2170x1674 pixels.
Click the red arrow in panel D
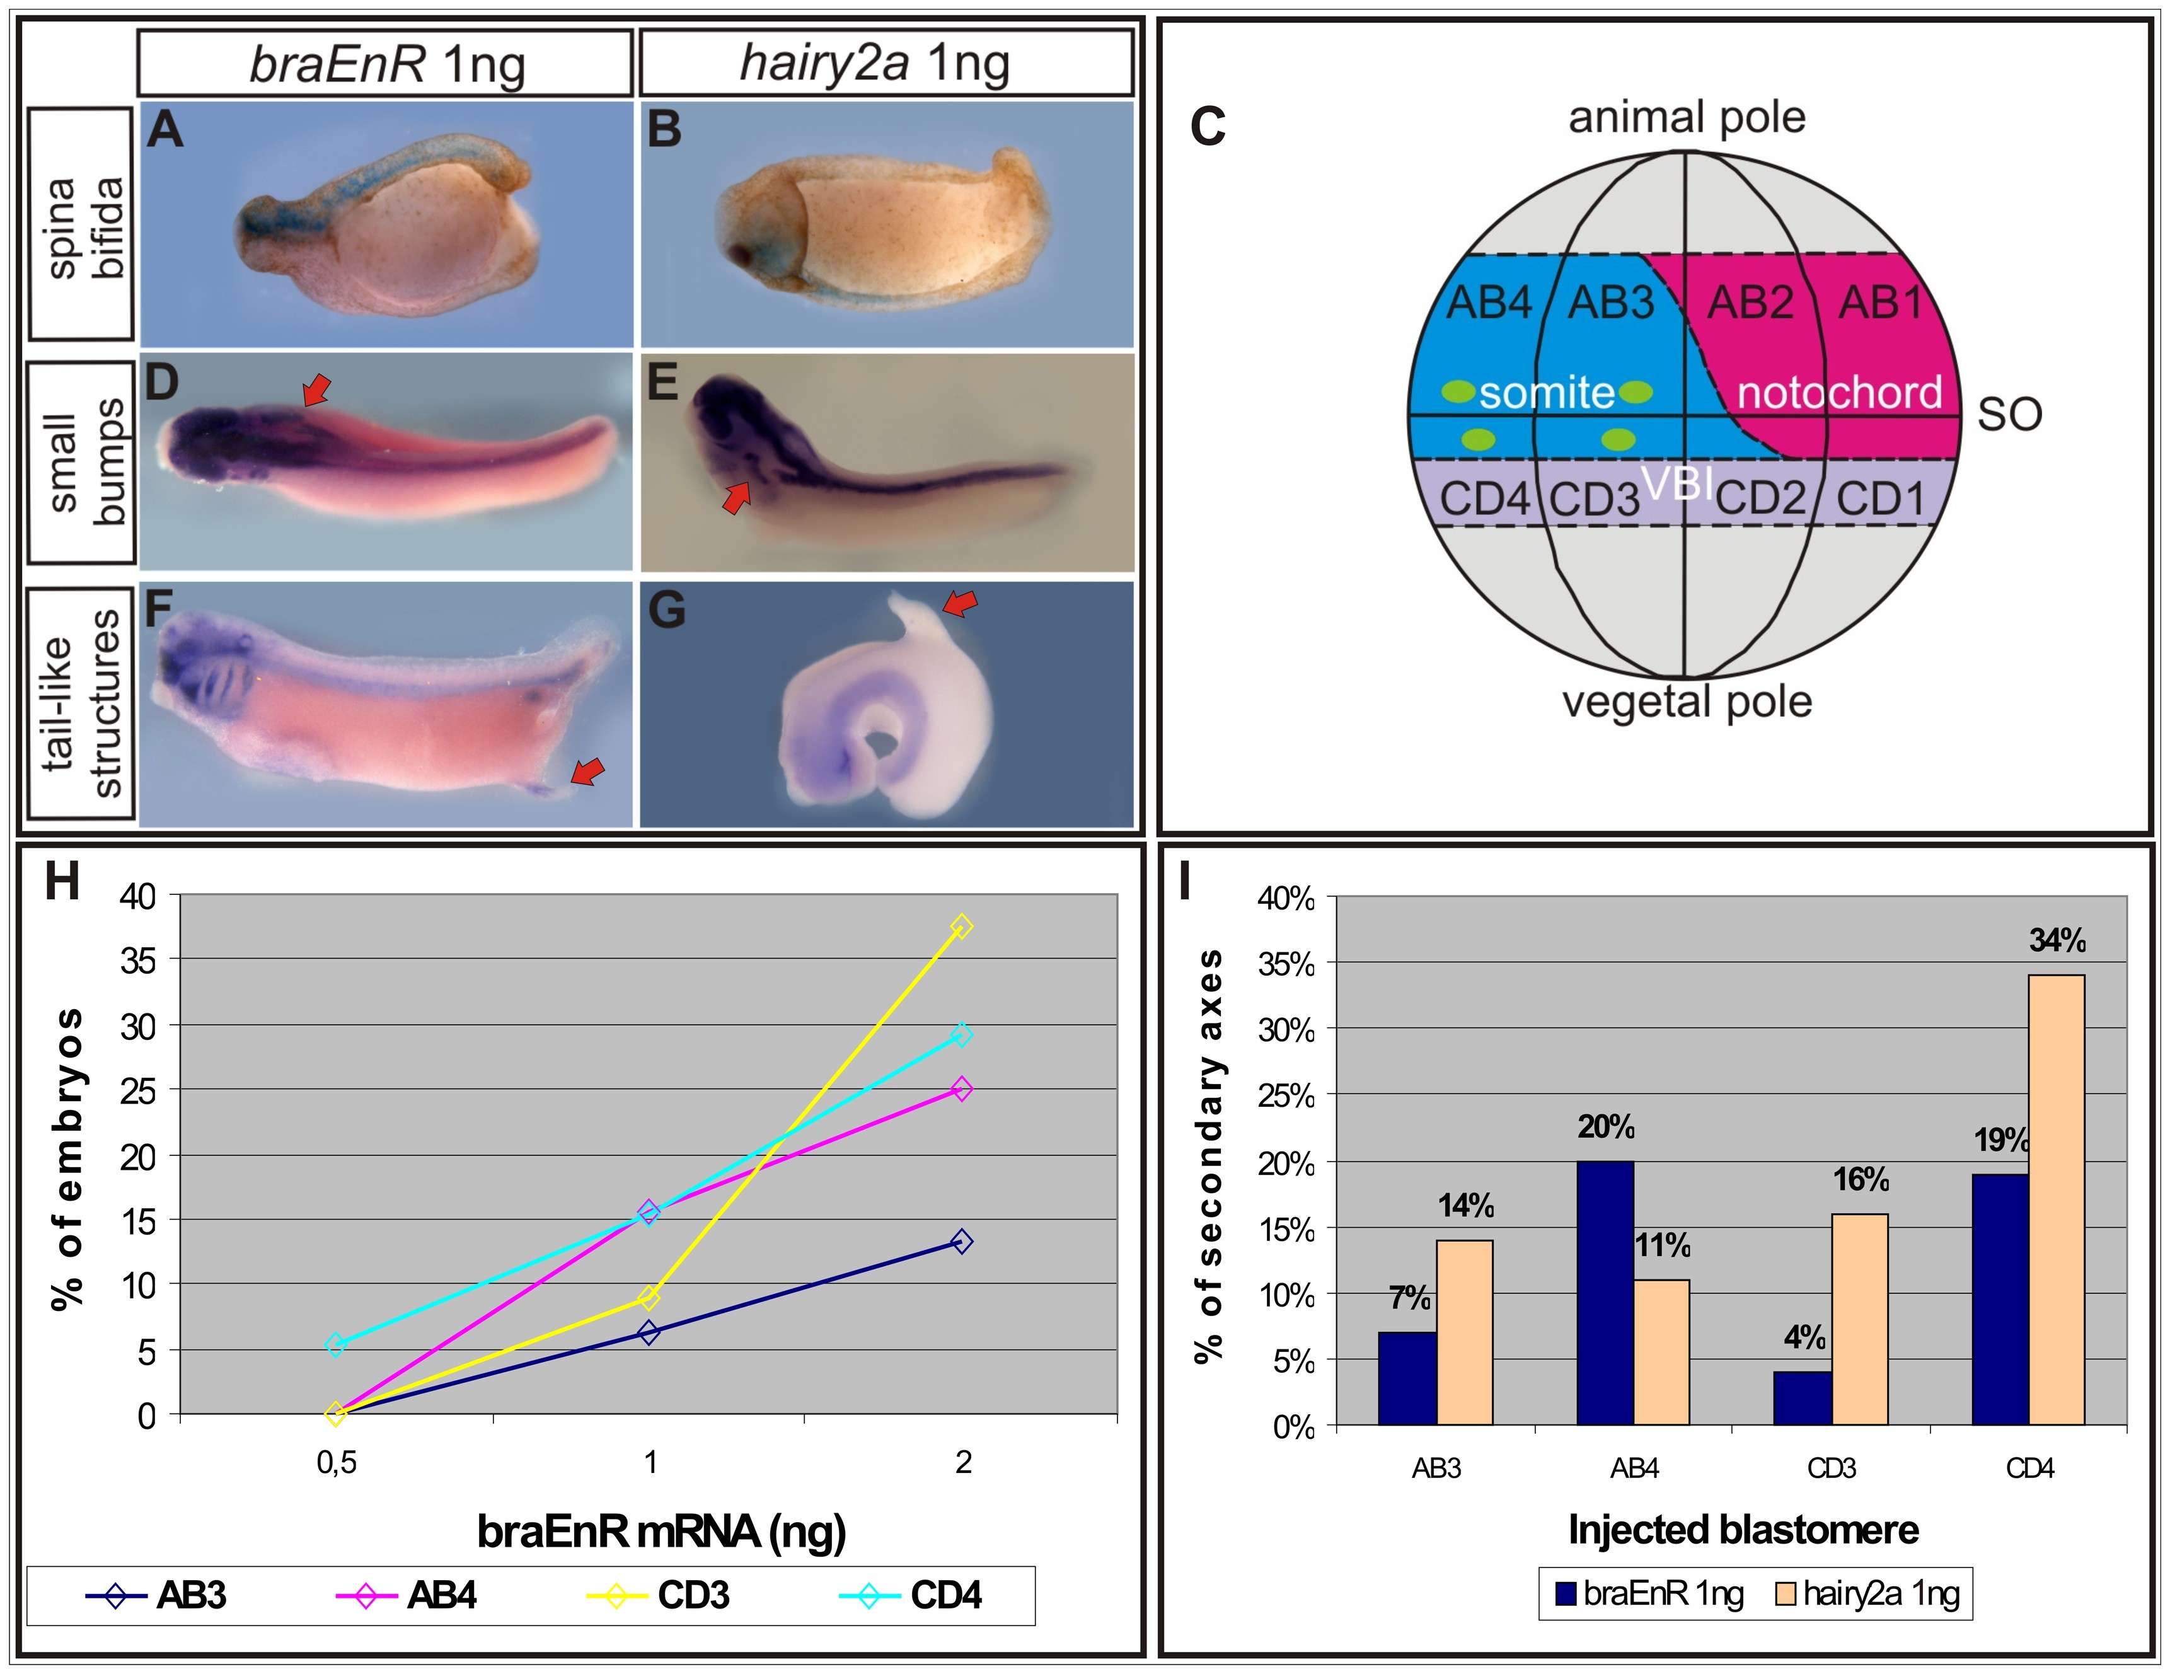tap(316, 390)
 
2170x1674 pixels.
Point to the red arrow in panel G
tap(960, 602)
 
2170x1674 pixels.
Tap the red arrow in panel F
tap(587, 771)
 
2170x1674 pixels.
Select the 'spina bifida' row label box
tap(81, 224)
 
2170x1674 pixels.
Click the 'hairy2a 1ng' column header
tap(886, 62)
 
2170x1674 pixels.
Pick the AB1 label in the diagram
tap(1881, 302)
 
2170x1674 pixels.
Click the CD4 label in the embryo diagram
tap(1484, 499)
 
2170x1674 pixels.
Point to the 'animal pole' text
tap(1686, 117)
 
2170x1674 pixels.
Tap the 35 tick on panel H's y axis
tap(138, 961)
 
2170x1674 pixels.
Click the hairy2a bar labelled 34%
tap(2056, 1199)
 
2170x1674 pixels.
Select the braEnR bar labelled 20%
tap(1605, 1293)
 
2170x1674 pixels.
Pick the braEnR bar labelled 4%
tap(1803, 1398)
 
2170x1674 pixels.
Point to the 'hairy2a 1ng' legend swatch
tap(1786, 1595)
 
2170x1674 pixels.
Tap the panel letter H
tap(62, 880)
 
